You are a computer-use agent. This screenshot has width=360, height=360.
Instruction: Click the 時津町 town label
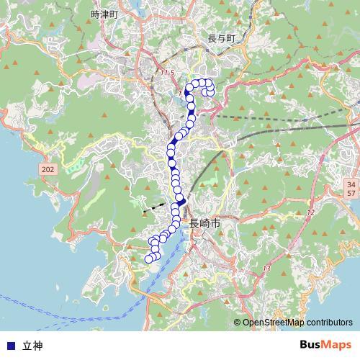105,14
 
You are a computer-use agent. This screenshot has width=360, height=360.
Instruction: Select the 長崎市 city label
204,224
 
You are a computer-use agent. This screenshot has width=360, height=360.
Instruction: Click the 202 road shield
48,167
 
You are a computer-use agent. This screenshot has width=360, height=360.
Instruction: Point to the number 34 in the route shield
351,184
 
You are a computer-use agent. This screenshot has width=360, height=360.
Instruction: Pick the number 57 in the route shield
351,194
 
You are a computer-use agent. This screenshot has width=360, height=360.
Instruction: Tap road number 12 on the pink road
311,212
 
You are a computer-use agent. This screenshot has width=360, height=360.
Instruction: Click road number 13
267,269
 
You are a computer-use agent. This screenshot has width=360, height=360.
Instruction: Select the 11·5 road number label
167,73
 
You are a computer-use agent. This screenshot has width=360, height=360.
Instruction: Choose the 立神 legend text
32,346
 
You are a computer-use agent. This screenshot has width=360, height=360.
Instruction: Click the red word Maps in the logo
337,345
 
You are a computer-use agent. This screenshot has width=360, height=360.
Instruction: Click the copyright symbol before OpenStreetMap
237,323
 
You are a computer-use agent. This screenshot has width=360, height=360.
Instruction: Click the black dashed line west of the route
153,208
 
